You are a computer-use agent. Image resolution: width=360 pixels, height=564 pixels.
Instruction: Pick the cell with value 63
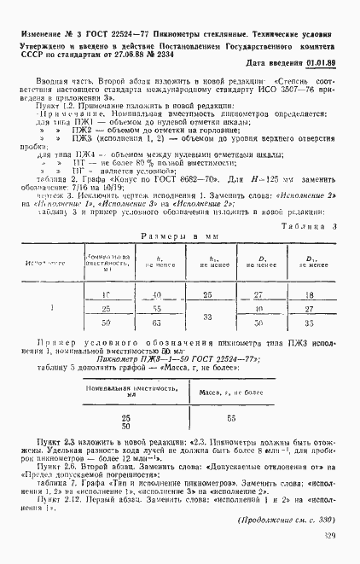tap(156, 323)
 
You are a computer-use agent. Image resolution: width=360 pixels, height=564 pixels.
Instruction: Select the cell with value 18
tap(311, 294)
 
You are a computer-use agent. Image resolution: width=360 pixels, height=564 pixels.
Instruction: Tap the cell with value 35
tap(311, 323)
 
